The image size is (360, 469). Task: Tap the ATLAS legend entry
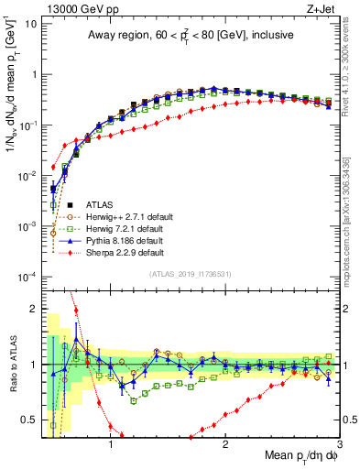100,204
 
